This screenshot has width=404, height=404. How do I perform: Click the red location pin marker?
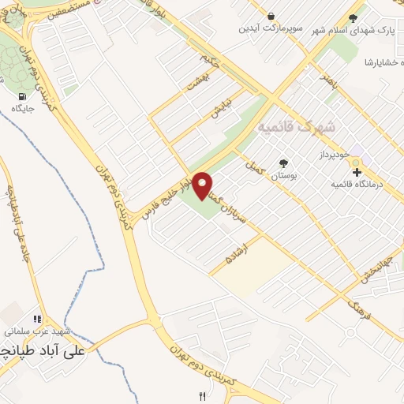(203, 185)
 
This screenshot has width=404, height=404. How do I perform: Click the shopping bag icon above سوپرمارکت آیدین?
(271, 16)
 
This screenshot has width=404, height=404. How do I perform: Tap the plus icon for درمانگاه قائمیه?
(356, 171)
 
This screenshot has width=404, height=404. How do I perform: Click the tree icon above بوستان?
(282, 163)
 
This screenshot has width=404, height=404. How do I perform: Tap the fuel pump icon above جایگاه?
(18, 97)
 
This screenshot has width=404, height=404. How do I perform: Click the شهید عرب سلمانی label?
(39, 331)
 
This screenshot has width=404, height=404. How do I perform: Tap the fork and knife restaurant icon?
(203, 396)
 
